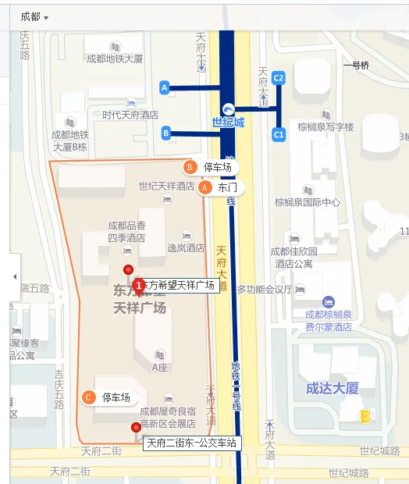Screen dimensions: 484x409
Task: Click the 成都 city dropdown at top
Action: coord(34,16)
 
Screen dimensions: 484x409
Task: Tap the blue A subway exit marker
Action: coord(165,87)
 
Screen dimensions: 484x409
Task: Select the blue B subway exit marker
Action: coord(166,133)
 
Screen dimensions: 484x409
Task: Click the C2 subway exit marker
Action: coord(279,77)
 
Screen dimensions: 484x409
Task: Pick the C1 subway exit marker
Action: coord(279,135)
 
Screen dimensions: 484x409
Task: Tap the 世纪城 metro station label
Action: coord(228,122)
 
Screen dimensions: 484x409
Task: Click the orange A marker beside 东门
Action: coord(205,188)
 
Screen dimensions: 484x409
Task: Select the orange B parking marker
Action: coord(189,167)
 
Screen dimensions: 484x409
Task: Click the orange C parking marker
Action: coord(88,397)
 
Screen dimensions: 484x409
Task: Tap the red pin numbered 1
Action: coord(139,286)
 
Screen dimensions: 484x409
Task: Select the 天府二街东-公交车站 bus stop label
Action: coord(191,443)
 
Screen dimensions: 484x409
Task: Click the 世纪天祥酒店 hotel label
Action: coord(166,187)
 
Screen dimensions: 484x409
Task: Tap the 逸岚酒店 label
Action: coord(186,248)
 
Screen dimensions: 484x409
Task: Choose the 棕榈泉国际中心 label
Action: coord(308,202)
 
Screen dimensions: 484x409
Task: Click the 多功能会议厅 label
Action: coord(265,290)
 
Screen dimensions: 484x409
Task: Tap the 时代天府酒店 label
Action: coord(130,115)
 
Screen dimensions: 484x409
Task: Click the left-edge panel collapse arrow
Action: coord(14,277)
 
